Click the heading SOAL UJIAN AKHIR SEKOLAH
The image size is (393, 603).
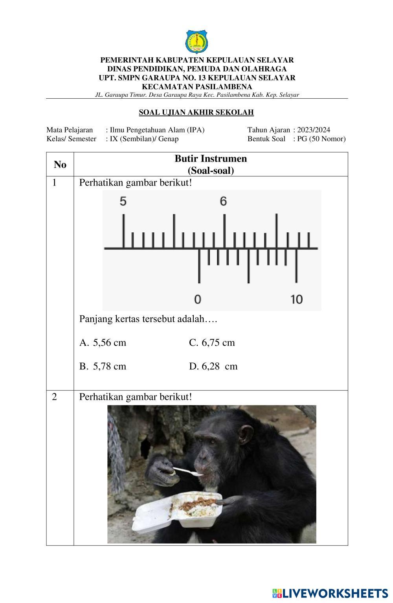click(196, 112)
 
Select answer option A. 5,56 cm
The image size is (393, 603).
click(103, 343)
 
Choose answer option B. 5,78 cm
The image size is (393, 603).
click(103, 366)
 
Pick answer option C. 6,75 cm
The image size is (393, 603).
click(212, 343)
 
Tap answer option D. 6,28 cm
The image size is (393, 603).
click(213, 366)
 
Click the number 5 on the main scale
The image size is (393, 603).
click(123, 202)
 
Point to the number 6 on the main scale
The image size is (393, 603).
click(224, 202)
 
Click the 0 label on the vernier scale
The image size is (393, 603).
click(198, 299)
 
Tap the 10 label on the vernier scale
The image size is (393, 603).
click(297, 299)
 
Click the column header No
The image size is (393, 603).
click(60, 165)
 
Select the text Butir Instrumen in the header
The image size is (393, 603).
click(211, 159)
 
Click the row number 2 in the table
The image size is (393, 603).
click(54, 397)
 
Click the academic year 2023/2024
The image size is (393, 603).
click(314, 130)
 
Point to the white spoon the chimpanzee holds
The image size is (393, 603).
click(188, 471)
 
